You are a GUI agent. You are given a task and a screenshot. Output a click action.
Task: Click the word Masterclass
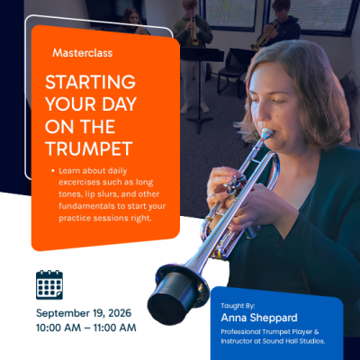coord(83,53)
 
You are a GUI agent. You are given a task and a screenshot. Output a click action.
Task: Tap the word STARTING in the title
coord(90,82)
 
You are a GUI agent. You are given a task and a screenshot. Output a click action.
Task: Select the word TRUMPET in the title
coord(89,148)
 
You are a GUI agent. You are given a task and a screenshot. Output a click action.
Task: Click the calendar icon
coord(49,284)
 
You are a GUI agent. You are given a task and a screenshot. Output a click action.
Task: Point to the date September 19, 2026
coord(84,313)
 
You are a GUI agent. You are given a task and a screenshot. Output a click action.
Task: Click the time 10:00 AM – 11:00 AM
coord(86,328)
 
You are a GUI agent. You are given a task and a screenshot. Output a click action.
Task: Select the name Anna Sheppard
coord(259,318)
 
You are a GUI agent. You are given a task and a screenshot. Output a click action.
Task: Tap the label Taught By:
coord(238,306)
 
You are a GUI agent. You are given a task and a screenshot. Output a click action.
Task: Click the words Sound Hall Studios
coord(293,341)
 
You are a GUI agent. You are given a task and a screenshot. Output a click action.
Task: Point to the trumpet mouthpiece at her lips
coord(266,133)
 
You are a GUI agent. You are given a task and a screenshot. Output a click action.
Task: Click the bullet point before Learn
coord(53,171)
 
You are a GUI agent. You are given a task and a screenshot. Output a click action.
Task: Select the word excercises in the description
coord(79,182)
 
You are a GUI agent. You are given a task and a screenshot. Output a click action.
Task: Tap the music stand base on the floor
coord(200,121)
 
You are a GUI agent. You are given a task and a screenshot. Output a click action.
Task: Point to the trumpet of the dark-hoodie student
coord(265,35)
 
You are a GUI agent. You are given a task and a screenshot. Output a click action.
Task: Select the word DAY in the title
coord(120,104)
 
